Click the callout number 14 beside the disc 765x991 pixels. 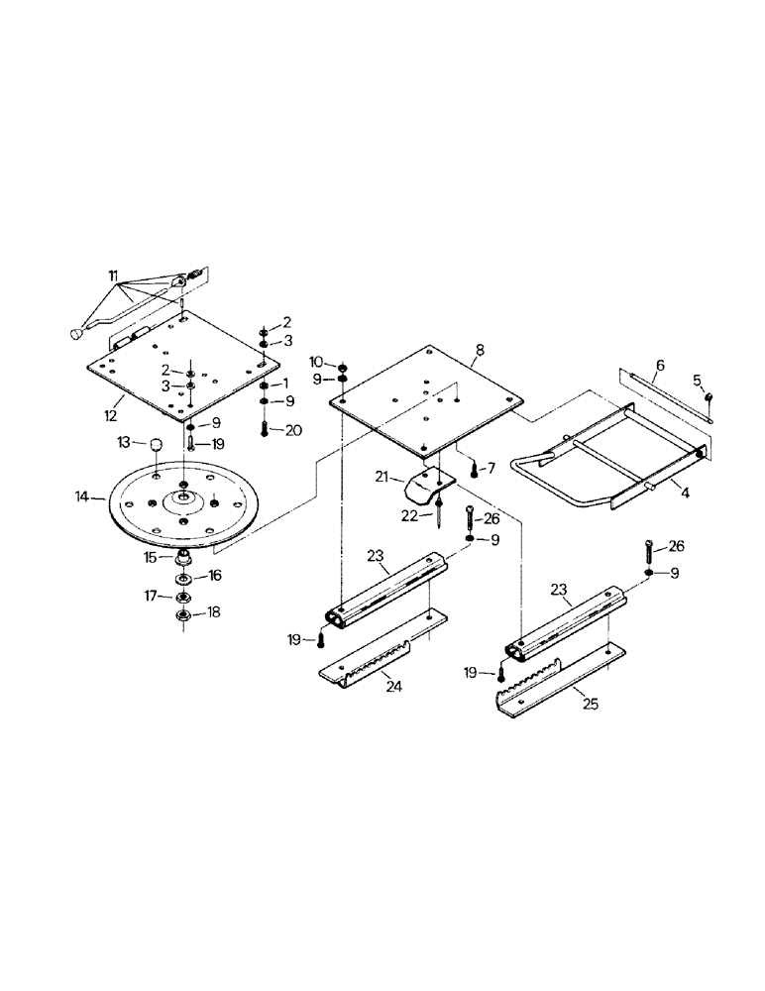[84, 494]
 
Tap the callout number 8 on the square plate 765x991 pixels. [479, 349]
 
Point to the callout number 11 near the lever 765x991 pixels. [112, 273]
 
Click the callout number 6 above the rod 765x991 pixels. [661, 365]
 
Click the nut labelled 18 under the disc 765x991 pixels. [184, 616]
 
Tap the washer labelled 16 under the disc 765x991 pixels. [184, 579]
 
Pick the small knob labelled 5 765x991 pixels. [710, 397]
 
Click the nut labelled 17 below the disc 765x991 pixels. [184, 598]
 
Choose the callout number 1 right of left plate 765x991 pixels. [285, 384]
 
